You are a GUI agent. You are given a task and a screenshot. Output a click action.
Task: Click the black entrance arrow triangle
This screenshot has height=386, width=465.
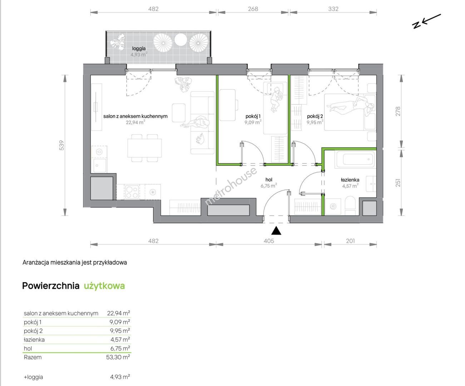(276, 231)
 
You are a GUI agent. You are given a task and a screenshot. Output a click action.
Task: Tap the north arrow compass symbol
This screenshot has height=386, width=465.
(426, 21)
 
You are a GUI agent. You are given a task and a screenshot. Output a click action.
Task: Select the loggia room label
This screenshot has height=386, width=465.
(139, 48)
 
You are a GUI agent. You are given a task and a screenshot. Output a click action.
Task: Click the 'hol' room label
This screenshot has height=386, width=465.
(269, 179)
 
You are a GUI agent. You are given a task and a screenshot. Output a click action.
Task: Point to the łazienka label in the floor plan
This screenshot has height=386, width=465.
(350, 180)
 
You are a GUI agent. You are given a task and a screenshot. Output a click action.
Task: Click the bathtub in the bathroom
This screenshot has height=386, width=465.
(355, 159)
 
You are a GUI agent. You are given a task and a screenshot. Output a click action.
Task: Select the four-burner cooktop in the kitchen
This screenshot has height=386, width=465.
(132, 192)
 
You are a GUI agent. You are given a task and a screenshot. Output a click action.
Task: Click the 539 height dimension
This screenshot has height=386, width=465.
(61, 145)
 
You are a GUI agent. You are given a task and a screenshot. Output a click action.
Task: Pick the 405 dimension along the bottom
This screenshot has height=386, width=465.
(269, 241)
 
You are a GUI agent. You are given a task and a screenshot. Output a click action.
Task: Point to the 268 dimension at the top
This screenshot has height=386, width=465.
(253, 9)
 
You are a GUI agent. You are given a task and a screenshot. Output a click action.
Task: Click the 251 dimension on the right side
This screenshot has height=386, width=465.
(398, 183)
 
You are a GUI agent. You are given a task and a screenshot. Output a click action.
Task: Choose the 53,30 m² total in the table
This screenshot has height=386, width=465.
(118, 357)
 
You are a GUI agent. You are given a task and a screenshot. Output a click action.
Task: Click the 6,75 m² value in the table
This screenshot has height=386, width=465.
(120, 348)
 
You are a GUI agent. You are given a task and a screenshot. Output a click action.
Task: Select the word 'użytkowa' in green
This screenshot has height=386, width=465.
(104, 286)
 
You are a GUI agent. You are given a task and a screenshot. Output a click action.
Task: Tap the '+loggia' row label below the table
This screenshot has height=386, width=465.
(33, 377)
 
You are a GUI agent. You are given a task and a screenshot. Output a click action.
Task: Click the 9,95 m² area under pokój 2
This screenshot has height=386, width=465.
(315, 122)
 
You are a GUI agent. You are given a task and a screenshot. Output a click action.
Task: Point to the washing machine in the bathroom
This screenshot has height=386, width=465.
(333, 207)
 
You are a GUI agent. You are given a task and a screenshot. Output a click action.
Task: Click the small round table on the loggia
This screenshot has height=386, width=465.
(180, 40)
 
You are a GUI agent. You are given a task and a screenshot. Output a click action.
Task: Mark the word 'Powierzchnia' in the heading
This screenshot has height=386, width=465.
(51, 286)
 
